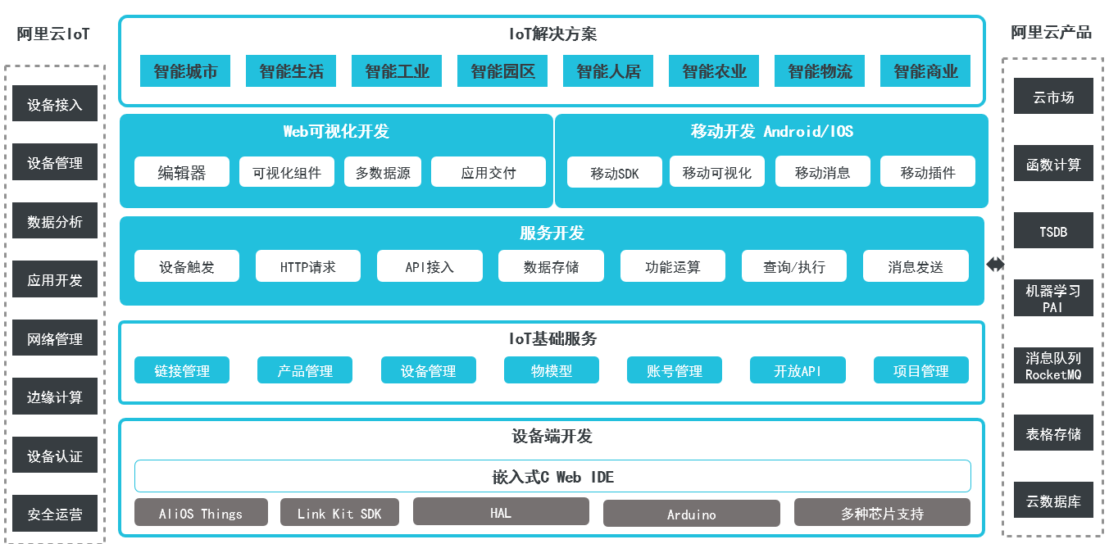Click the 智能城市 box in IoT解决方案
click(185, 71)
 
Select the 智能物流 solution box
click(820, 71)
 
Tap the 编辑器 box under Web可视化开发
click(181, 172)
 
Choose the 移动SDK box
click(614, 173)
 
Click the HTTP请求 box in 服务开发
click(307, 266)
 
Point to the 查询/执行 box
click(793, 266)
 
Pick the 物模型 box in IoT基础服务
click(551, 370)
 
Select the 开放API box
click(797, 370)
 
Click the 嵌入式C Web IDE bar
click(552, 476)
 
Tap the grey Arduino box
click(691, 514)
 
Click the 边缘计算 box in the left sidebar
click(55, 397)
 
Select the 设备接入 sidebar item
click(55, 104)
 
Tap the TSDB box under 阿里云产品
click(1053, 231)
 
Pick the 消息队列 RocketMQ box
click(1053, 365)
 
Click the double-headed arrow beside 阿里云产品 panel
click(994, 264)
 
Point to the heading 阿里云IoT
click(53, 34)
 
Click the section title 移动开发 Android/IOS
click(771, 131)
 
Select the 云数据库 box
click(1053, 501)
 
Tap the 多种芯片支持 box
click(882, 513)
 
